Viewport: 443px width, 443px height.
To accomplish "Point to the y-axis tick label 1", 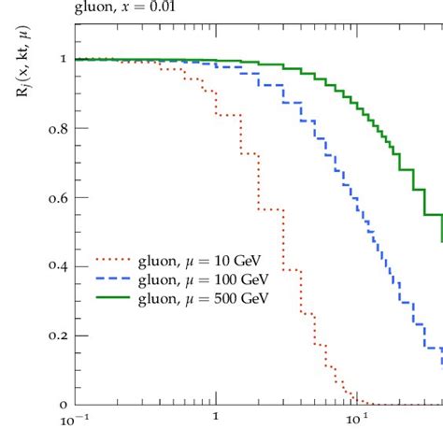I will tap(63, 59).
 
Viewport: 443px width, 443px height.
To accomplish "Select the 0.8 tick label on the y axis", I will tap(57, 128).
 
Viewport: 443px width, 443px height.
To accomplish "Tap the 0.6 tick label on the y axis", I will tap(57, 197).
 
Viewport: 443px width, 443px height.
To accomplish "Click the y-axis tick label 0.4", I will tap(57, 266).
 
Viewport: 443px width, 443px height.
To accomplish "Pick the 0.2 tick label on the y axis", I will tap(57, 336).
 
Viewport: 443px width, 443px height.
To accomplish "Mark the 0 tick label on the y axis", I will tap(63, 405).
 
